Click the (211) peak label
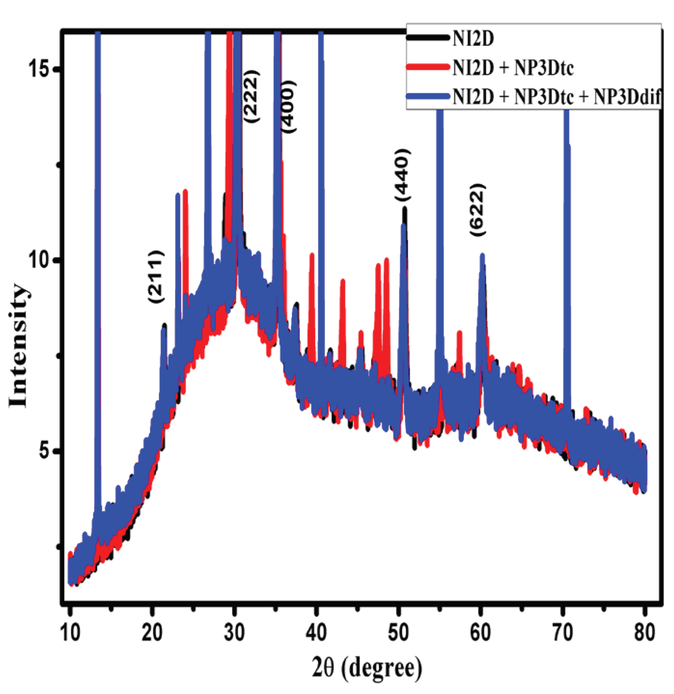tap(156, 277)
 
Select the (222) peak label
tap(251, 97)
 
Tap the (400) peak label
tap(288, 107)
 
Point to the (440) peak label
tap(402, 175)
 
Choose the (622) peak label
tap(477, 210)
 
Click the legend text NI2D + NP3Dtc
tap(513, 68)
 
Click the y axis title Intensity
tap(18, 346)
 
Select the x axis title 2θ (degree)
tap(367, 668)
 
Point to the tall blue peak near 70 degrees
tap(567, 241)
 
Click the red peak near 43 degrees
tap(343, 309)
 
